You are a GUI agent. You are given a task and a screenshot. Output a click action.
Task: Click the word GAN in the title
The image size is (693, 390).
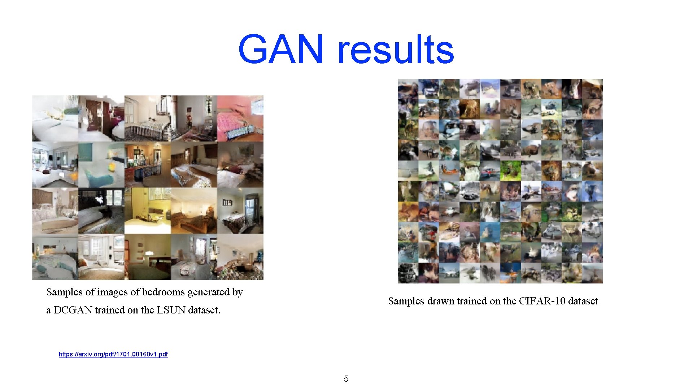click(x=281, y=49)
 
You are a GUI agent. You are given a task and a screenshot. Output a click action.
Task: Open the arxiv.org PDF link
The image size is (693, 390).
click(x=113, y=354)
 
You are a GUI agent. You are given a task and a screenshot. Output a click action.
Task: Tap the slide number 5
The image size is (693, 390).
click(x=346, y=379)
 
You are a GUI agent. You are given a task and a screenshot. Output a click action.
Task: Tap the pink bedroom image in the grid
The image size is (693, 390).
click(x=240, y=118)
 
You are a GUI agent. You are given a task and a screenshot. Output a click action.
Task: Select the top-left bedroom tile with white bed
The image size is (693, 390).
click(x=55, y=118)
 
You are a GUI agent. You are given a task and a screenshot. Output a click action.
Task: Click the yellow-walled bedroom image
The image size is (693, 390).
click(x=148, y=211)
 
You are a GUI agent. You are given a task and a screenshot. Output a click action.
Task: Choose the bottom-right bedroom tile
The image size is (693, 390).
click(x=240, y=257)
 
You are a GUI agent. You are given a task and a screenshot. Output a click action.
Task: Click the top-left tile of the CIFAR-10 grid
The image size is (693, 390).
click(x=408, y=89)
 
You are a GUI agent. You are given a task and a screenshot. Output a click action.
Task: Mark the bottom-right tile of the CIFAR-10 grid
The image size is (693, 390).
click(x=592, y=273)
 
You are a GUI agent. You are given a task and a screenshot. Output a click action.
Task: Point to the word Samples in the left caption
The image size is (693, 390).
click(x=65, y=292)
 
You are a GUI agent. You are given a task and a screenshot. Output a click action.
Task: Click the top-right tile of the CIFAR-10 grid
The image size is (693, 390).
click(x=592, y=89)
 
